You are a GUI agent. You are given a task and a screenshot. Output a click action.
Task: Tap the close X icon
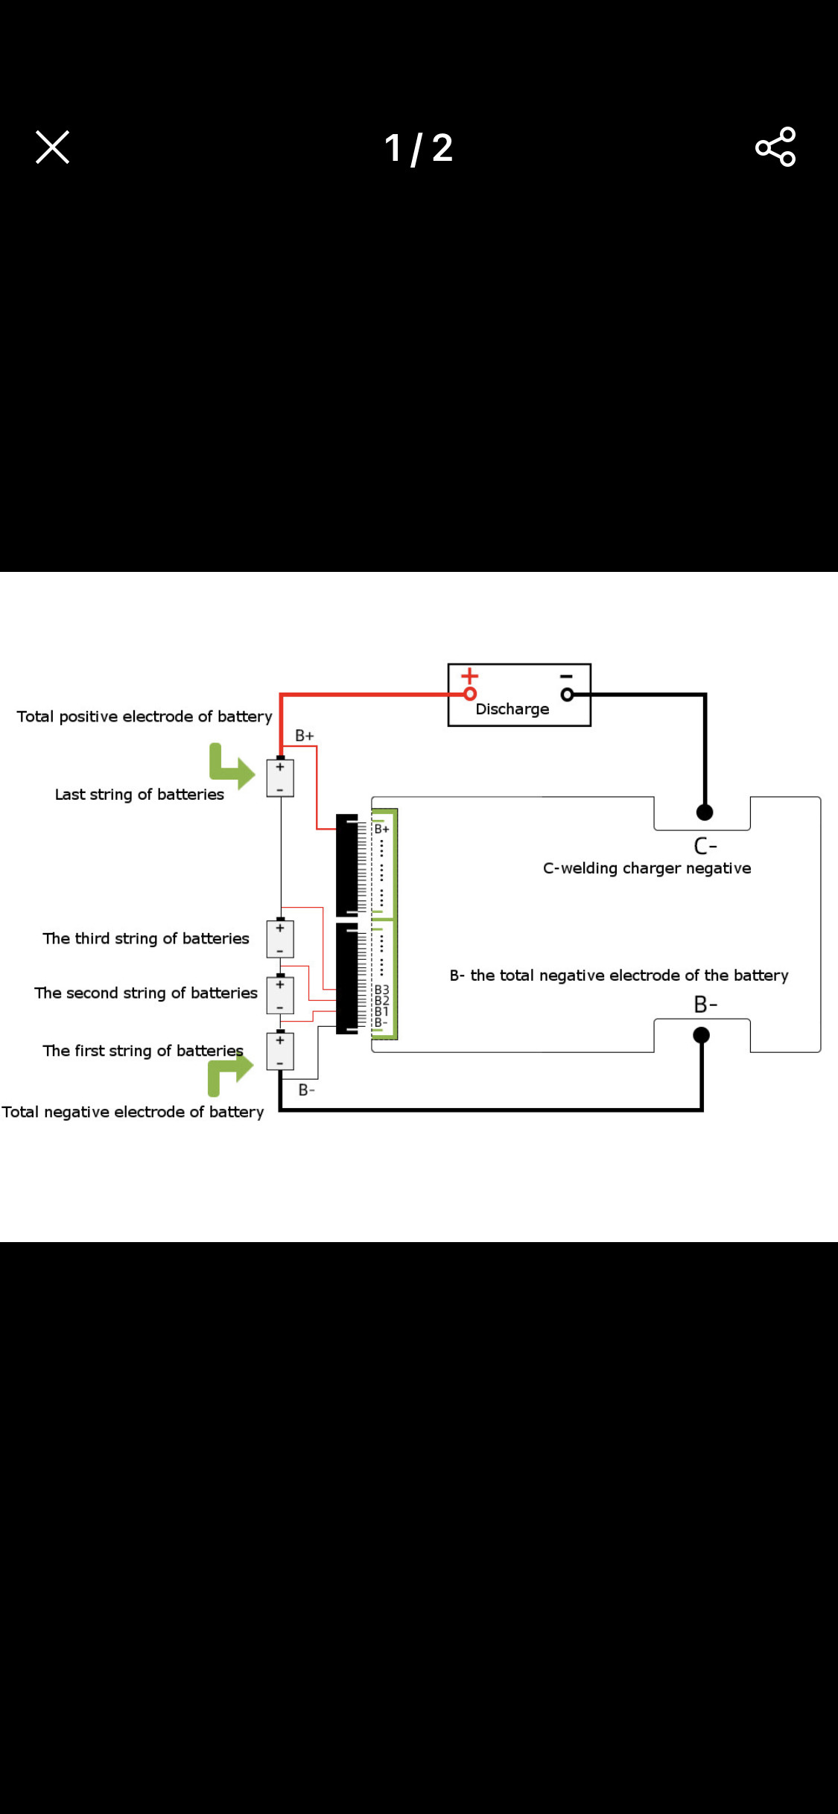(x=52, y=147)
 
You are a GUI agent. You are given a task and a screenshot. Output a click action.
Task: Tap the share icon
(x=775, y=147)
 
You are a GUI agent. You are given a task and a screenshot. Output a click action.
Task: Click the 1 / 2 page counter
(x=419, y=147)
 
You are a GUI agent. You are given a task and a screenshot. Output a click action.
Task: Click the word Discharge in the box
(x=512, y=709)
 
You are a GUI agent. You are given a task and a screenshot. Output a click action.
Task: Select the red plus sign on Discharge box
(x=469, y=676)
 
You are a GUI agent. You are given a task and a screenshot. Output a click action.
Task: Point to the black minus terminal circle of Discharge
(x=568, y=695)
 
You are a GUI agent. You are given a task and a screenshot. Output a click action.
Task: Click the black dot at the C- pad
(x=705, y=812)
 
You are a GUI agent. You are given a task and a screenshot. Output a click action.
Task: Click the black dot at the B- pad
(x=701, y=1035)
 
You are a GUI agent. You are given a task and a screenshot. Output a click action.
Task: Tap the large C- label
(x=705, y=846)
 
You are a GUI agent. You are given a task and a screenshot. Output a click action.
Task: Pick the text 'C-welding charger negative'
(x=647, y=868)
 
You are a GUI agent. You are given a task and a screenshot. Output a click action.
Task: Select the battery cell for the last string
(x=280, y=777)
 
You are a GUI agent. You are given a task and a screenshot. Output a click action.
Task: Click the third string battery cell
(x=280, y=938)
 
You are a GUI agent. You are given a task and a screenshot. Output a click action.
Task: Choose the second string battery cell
(x=280, y=995)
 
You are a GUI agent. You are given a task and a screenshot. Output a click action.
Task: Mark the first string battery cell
(x=280, y=1051)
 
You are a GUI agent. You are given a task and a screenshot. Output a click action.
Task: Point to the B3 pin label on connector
(x=381, y=990)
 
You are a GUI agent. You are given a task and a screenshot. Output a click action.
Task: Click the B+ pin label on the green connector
(x=381, y=829)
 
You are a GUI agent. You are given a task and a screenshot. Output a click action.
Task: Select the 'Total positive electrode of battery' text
(x=145, y=716)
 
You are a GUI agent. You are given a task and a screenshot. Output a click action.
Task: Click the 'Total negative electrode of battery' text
(x=133, y=1112)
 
